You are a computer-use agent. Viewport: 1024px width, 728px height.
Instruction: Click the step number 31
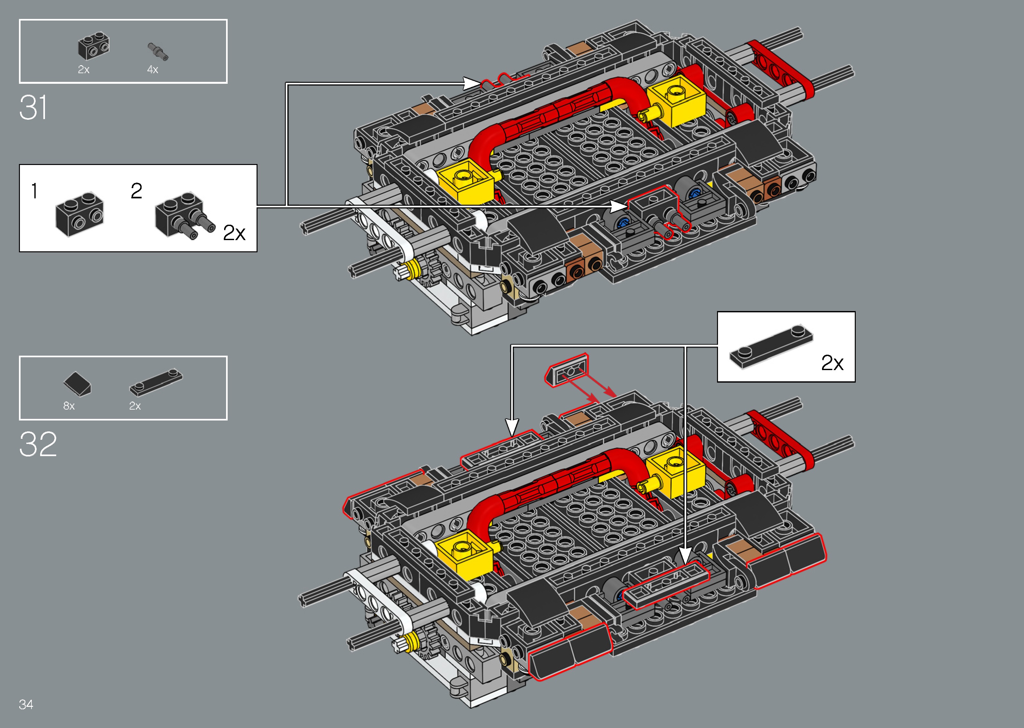point(33,108)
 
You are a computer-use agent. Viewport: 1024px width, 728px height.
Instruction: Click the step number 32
point(38,444)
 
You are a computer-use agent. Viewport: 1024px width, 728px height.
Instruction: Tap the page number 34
point(26,704)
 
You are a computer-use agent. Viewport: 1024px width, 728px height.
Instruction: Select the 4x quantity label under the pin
point(153,69)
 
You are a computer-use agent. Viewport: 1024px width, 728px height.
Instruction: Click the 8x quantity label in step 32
point(69,406)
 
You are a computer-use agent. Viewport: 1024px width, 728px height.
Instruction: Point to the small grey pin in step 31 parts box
point(158,52)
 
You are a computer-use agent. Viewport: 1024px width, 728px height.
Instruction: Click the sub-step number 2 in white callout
point(136,191)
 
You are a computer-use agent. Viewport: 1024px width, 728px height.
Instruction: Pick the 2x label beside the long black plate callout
point(832,362)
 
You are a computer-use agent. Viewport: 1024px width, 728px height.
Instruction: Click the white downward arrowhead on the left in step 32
point(512,426)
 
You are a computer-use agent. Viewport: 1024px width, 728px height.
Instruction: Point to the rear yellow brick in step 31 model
point(676,100)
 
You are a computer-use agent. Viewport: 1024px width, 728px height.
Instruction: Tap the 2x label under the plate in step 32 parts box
point(135,406)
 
